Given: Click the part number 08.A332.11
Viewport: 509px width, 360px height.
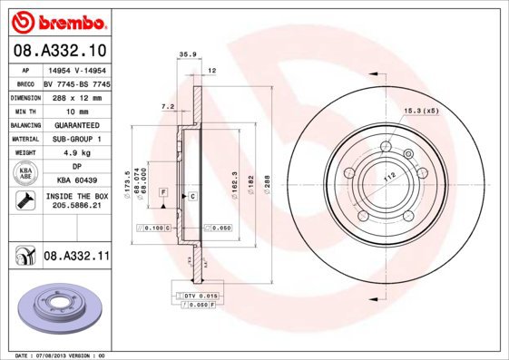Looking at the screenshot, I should (76, 258).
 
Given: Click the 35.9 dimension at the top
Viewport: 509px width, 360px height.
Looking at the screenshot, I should (188, 55).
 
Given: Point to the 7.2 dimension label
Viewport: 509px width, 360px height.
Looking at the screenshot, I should (167, 106).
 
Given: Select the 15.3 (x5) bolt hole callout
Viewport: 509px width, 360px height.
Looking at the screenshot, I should (420, 111).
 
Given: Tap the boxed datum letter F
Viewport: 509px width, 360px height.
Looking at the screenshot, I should (163, 192).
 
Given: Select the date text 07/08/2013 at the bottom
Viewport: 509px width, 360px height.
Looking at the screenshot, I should (53, 355).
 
